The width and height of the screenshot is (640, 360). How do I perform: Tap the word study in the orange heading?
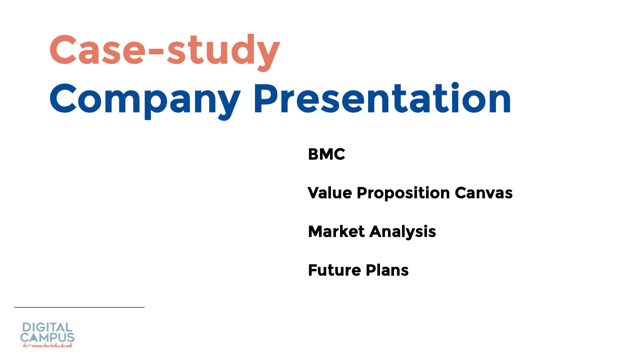pos(223,52)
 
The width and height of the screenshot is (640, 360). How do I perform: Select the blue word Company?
pos(145,100)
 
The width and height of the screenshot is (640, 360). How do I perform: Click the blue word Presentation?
pos(382,98)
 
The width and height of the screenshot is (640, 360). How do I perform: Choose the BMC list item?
pos(326,154)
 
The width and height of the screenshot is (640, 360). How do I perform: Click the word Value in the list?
pos(330,193)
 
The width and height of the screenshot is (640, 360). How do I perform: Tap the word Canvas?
pos(483,193)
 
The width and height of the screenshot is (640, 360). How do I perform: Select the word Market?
pos(336,231)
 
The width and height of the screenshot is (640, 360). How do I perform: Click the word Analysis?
pos(403,232)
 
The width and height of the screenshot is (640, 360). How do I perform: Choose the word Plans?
pos(387,270)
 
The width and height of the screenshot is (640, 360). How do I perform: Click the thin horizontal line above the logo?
pos(79,307)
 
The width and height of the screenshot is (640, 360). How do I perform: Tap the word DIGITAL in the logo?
pos(47,327)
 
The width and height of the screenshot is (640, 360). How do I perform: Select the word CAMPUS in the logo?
pos(47,337)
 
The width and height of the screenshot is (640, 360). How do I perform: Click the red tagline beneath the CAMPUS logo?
pos(47,346)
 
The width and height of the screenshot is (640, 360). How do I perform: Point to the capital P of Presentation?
pos(267,98)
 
